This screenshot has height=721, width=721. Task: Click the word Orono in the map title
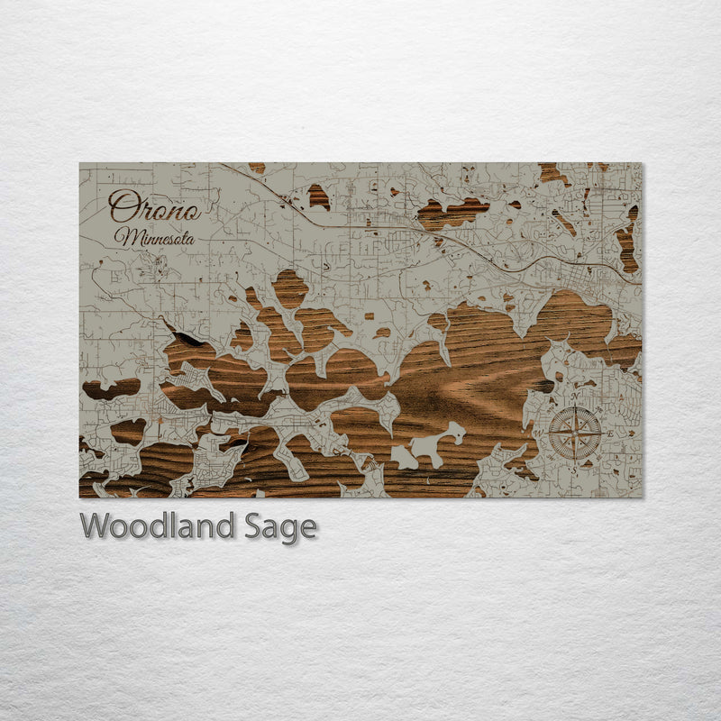point(154,208)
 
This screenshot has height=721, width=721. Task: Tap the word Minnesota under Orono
point(154,238)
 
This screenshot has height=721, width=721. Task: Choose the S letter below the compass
point(577,468)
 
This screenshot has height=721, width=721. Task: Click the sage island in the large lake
point(431,445)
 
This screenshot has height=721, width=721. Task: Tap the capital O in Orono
point(122,206)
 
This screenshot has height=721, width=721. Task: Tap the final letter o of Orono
point(190,211)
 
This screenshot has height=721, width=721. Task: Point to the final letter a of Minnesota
point(189,240)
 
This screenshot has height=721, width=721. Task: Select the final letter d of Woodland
point(229,525)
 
